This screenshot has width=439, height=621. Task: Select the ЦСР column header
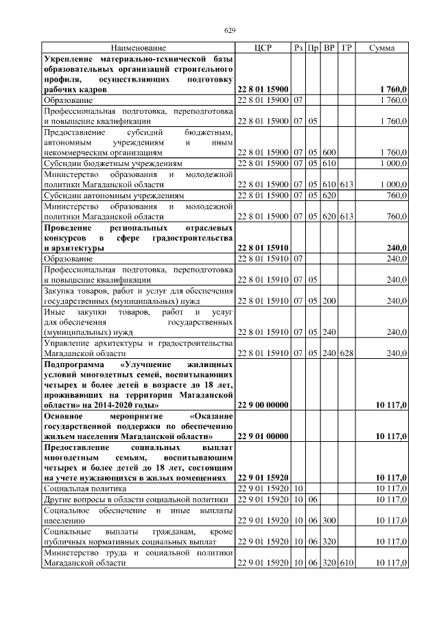tap(263, 48)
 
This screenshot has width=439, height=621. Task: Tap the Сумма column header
tap(381, 48)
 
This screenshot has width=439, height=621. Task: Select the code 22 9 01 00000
tap(263, 436)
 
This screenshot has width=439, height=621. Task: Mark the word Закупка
tap(60, 290)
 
